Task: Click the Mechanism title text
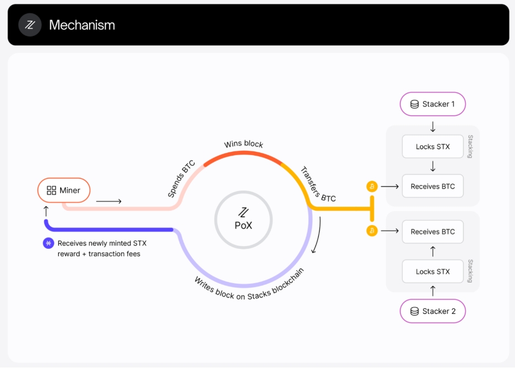[82, 25]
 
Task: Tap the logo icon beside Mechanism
[30, 25]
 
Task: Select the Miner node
[64, 190]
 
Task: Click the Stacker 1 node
[433, 104]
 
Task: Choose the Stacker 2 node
[433, 311]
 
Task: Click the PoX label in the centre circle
[243, 226]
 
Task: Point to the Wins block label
[243, 144]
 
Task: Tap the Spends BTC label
[181, 178]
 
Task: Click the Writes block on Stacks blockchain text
[249, 286]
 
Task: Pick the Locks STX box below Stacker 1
[433, 146]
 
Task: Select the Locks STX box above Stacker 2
[433, 272]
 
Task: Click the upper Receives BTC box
[433, 186]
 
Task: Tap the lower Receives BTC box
[433, 232]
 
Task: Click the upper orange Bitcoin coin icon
[372, 187]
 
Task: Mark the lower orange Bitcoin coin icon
[372, 231]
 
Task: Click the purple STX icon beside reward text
[49, 243]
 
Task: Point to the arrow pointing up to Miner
[46, 211]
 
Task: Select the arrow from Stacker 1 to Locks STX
[433, 127]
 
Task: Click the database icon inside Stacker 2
[414, 311]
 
